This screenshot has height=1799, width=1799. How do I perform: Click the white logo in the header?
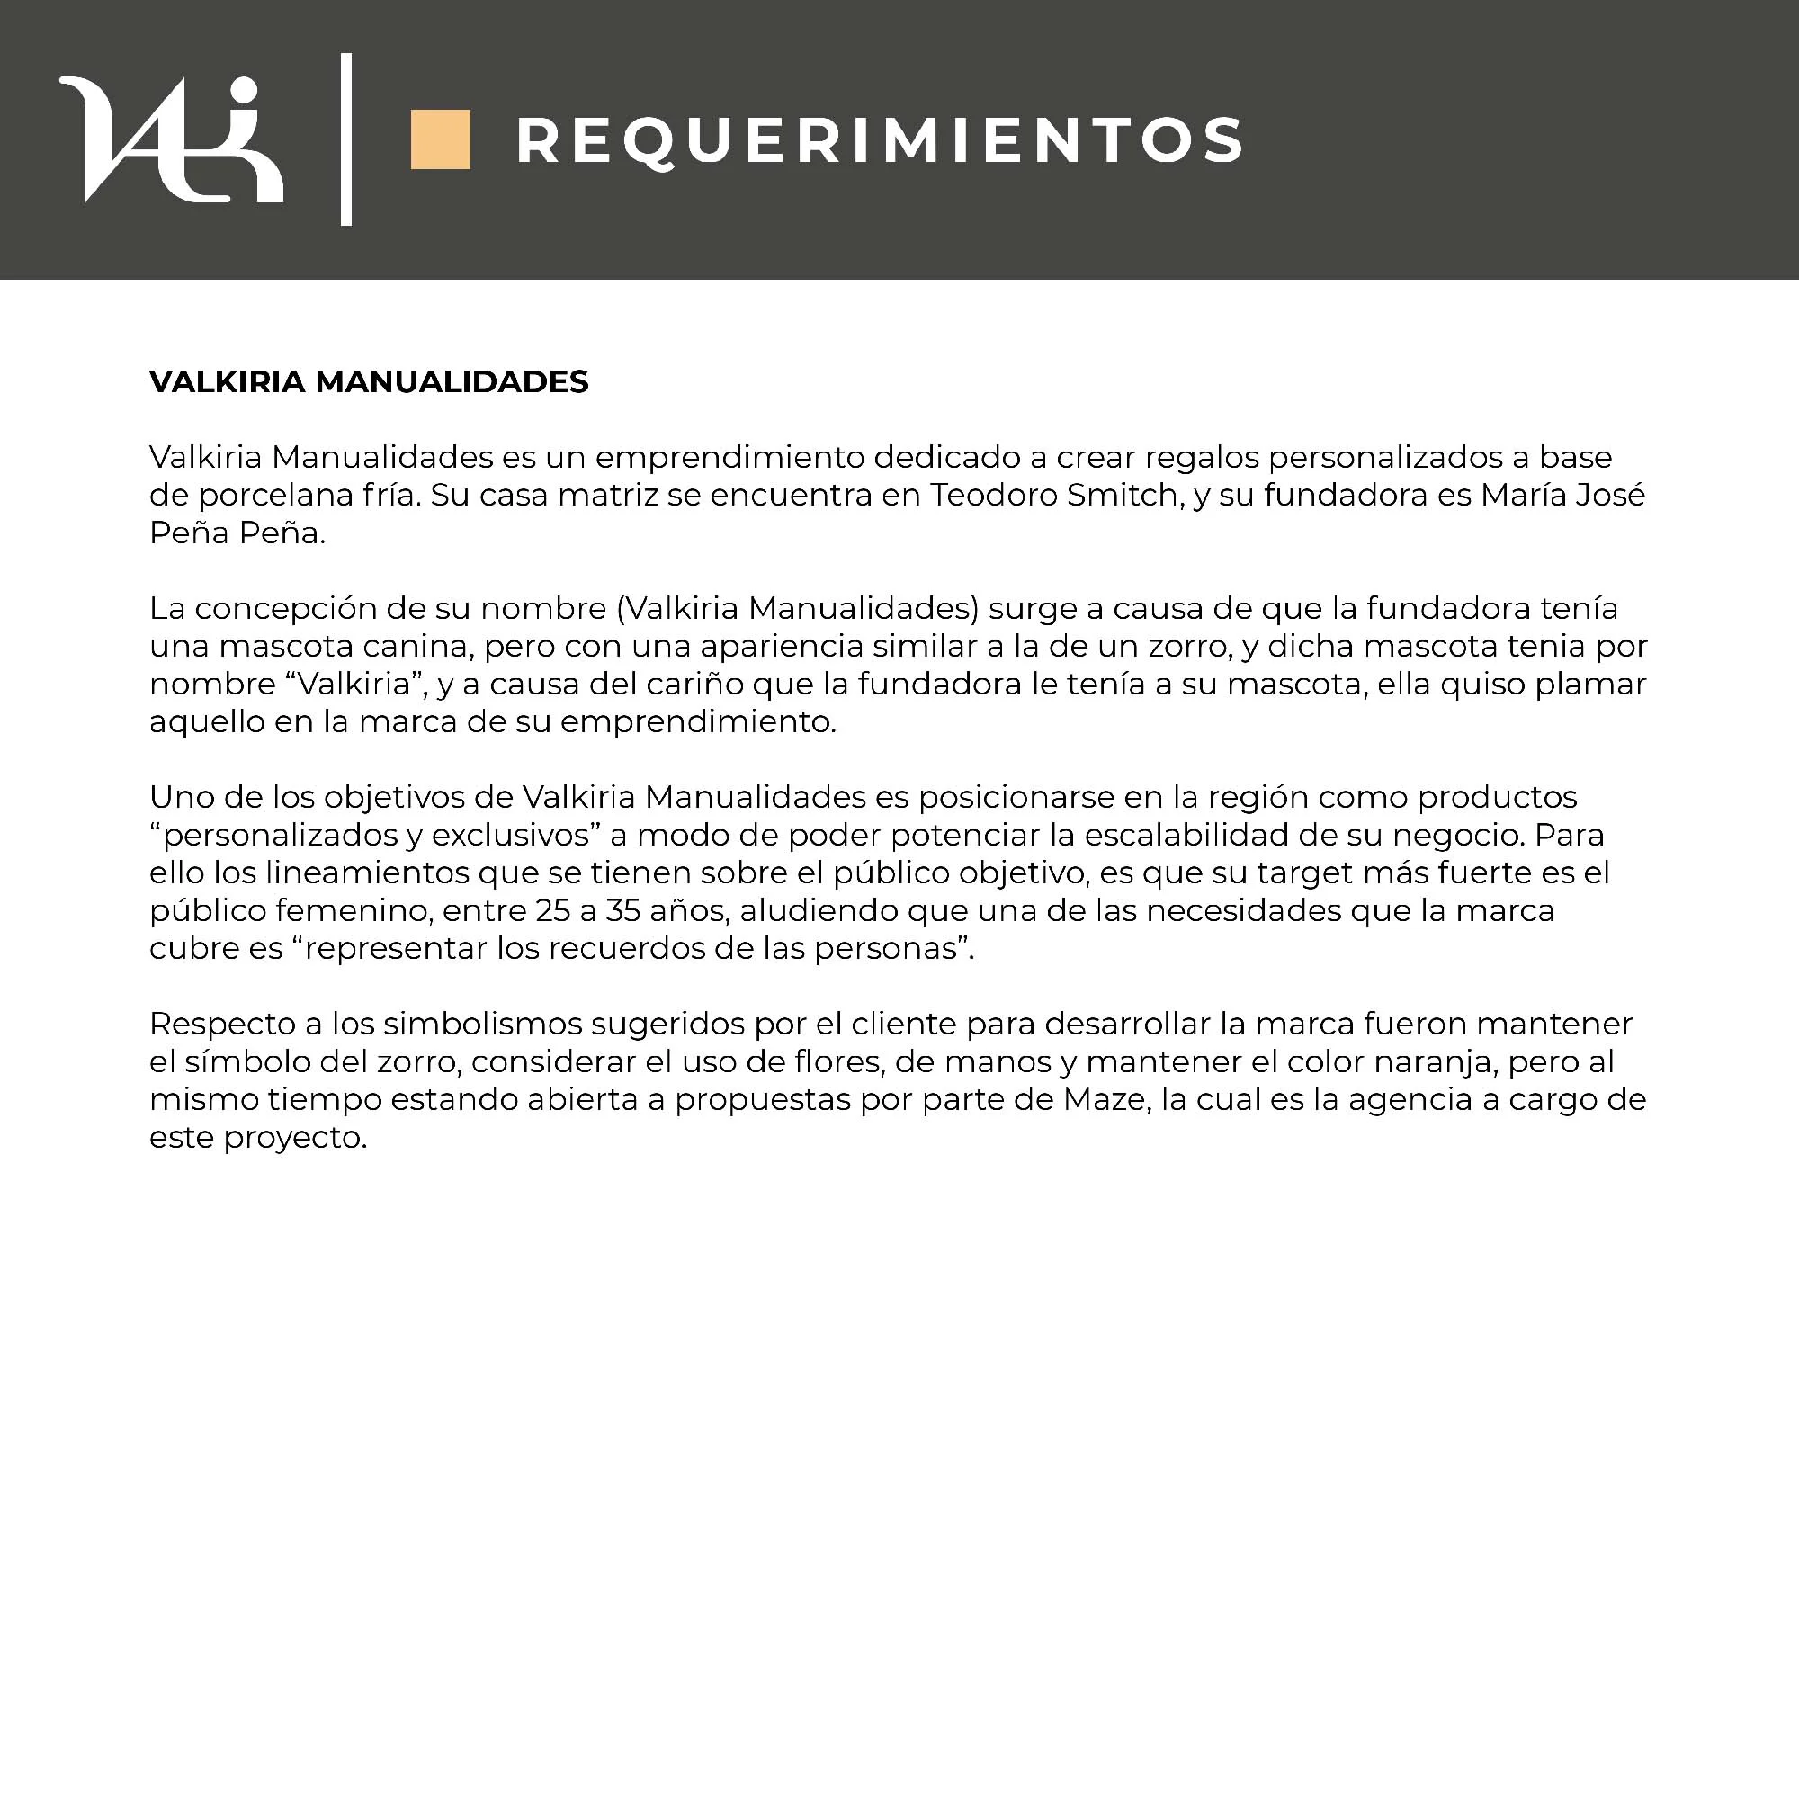171,139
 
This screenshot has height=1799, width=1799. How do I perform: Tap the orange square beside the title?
441,139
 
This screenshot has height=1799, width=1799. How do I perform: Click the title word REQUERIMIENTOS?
879,141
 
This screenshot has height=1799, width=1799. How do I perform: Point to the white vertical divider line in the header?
346,139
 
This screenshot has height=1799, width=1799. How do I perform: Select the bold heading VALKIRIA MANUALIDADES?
369,381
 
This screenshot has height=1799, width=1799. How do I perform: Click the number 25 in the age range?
552,910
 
